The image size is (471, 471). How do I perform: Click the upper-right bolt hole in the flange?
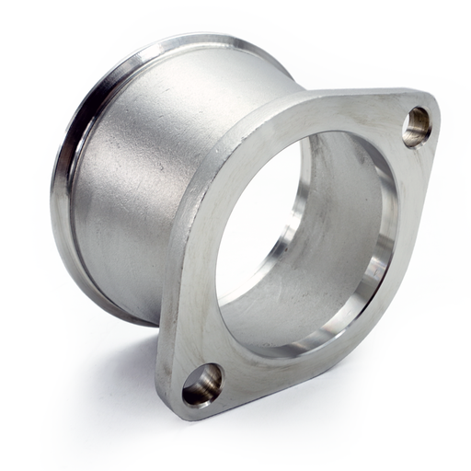(416, 126)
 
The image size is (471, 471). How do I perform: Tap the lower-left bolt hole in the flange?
(201, 384)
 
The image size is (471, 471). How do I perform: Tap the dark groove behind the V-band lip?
(78, 184)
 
